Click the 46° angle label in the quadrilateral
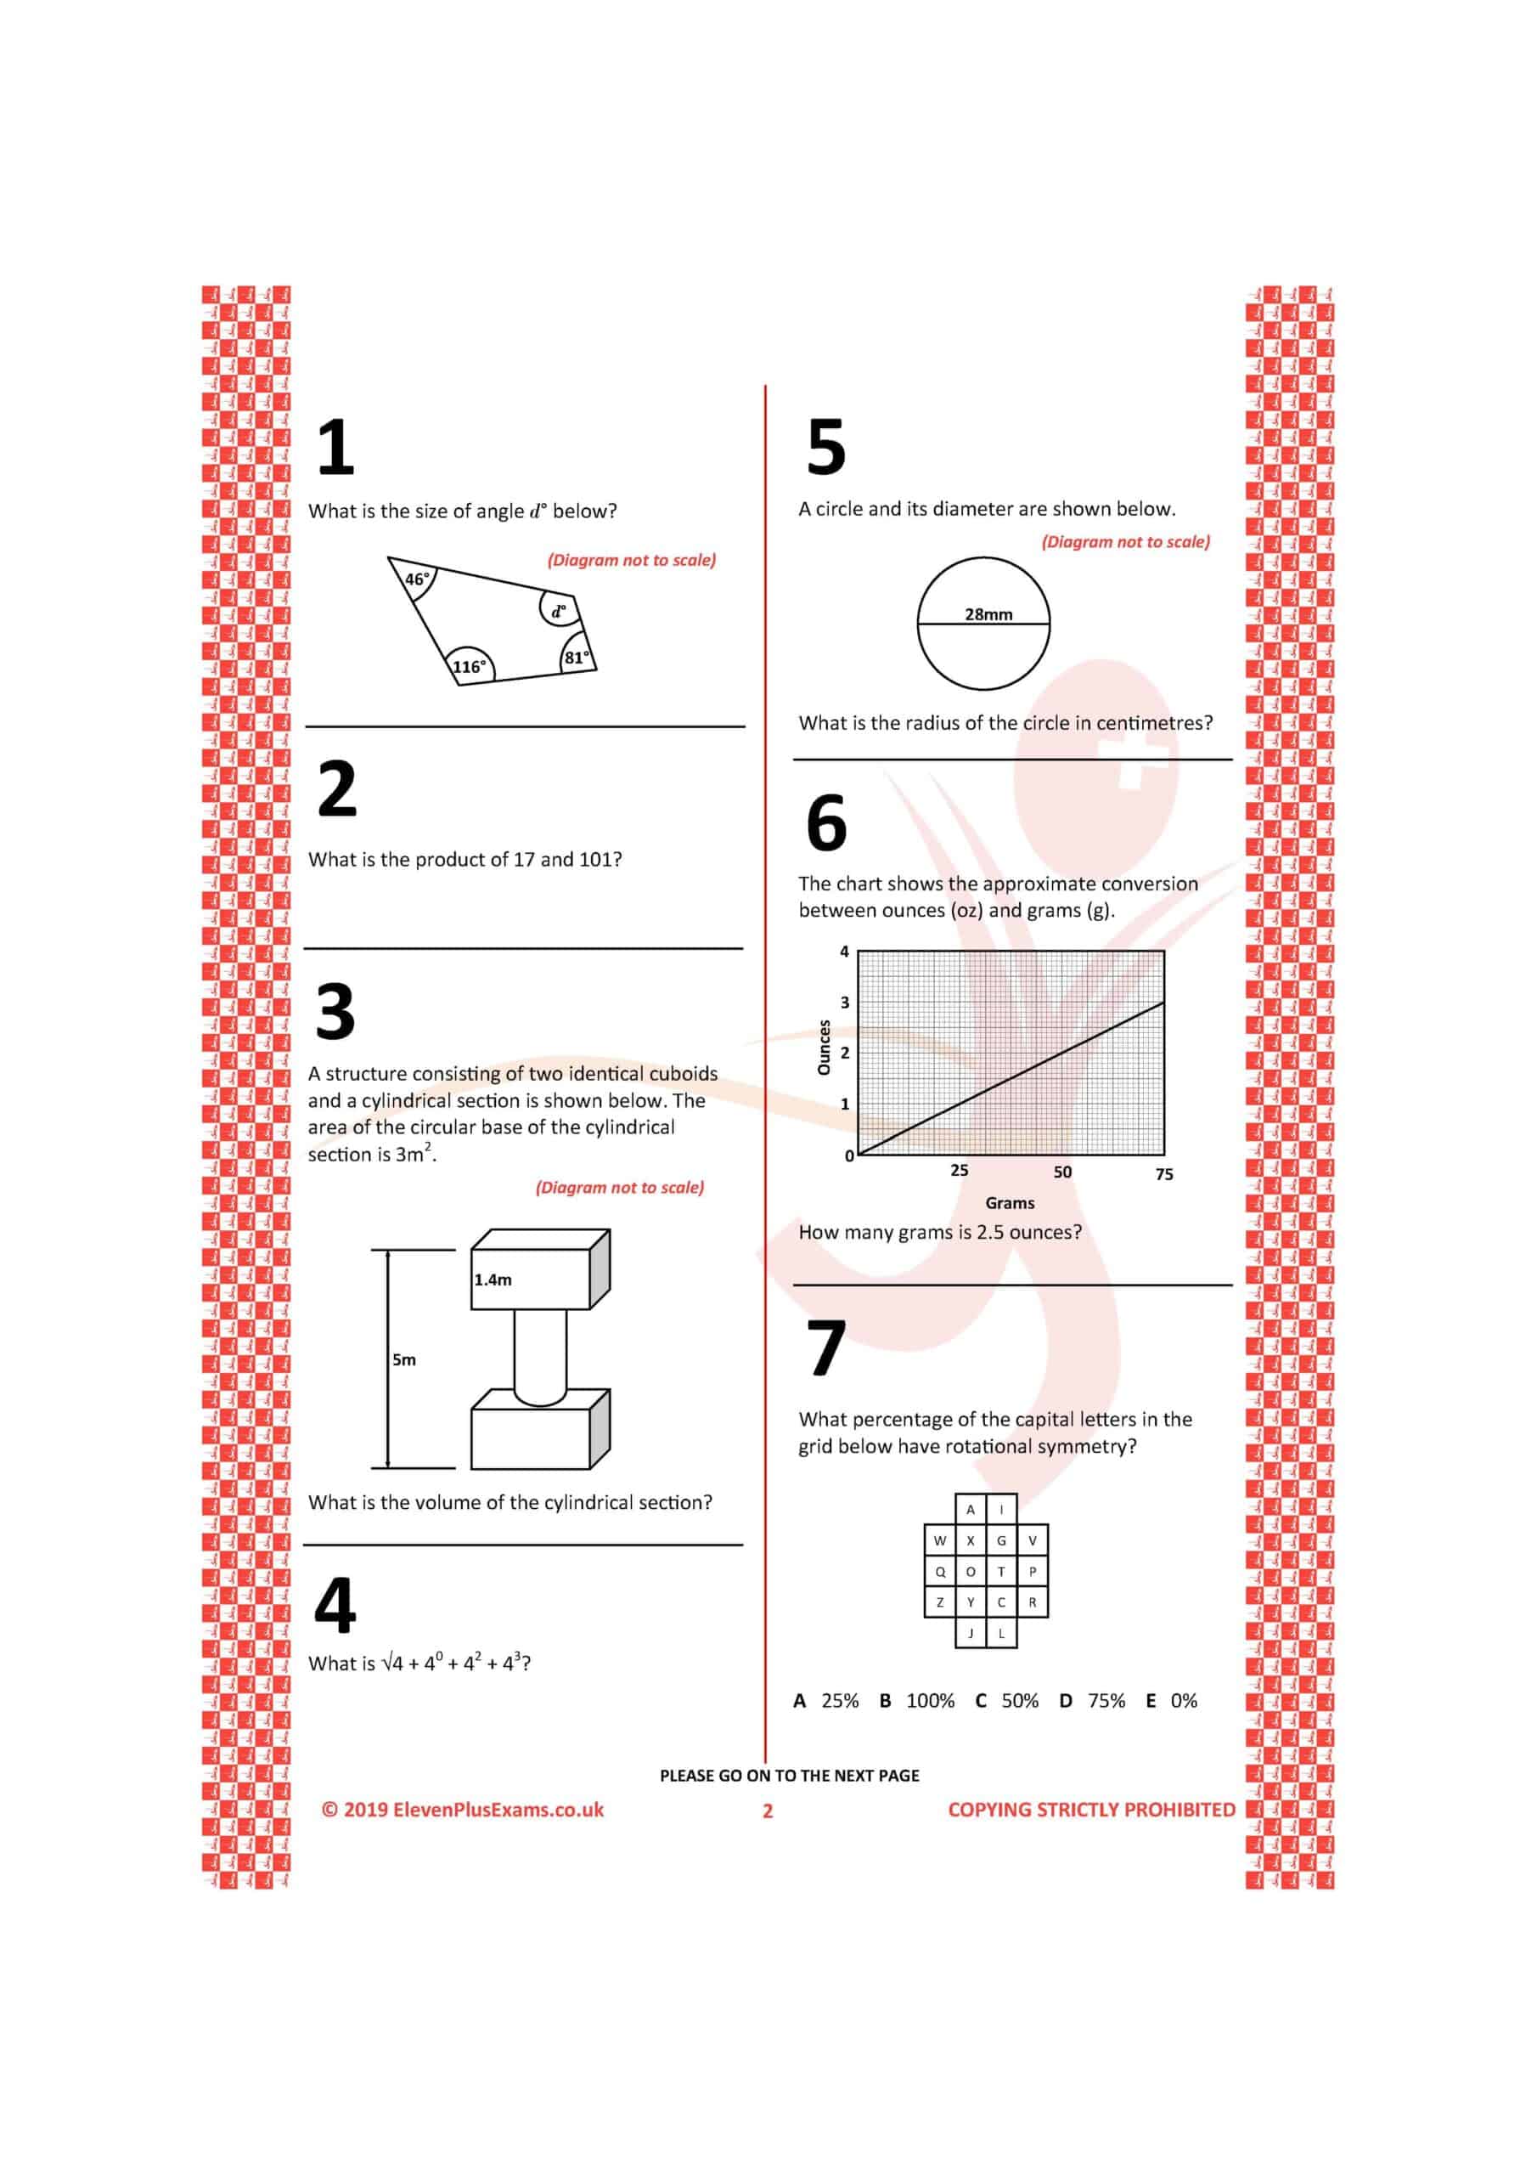(417, 579)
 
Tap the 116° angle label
(469, 666)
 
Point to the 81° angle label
(576, 658)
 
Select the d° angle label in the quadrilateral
(559, 611)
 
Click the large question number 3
(335, 1012)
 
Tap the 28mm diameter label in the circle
(988, 614)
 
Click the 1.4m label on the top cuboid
(493, 1280)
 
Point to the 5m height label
(404, 1359)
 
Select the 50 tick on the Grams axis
(1062, 1172)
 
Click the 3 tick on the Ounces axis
(845, 1003)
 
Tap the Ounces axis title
(824, 1047)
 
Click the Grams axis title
(1010, 1203)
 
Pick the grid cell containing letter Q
(939, 1572)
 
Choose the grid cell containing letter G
(1001, 1540)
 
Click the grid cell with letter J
(971, 1633)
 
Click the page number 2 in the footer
(768, 1811)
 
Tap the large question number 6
(825, 822)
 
